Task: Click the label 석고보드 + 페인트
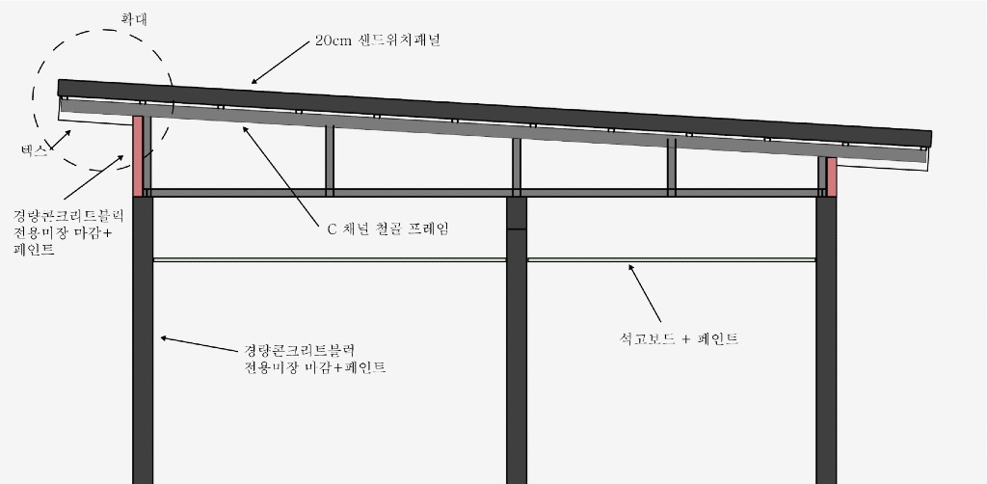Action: [680, 338]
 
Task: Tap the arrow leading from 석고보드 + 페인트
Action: [646, 293]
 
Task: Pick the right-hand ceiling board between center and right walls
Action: [671, 259]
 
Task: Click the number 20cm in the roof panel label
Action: [331, 41]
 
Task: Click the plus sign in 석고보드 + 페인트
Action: [686, 338]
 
